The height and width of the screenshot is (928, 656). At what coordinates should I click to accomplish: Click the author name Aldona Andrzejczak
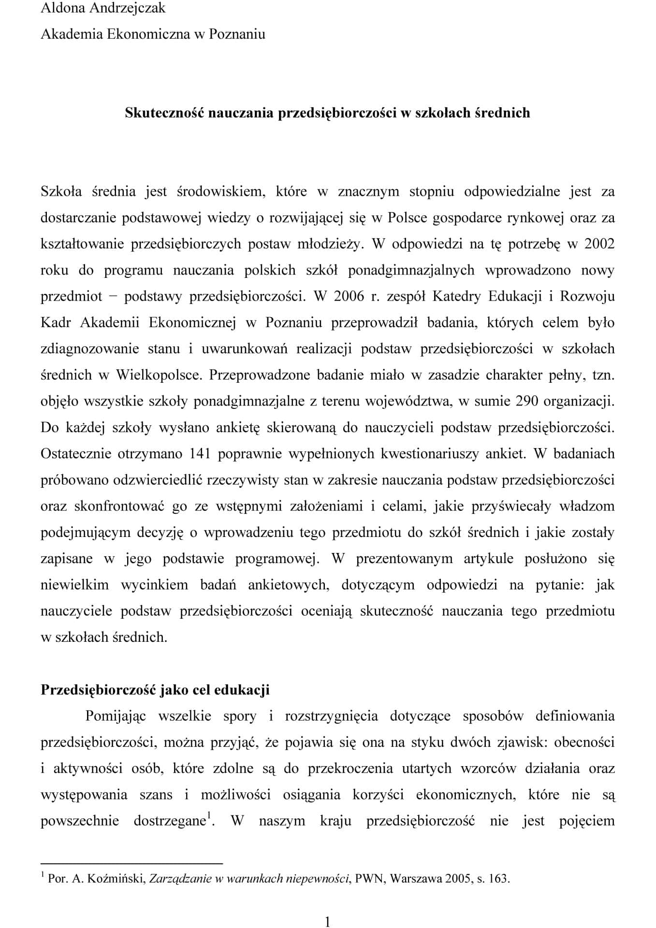[x=103, y=8]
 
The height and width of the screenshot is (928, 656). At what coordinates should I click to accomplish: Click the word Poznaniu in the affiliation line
[x=237, y=34]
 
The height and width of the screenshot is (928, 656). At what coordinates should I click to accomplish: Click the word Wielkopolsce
[x=159, y=375]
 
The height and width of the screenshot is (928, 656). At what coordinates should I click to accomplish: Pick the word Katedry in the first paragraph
[x=455, y=296]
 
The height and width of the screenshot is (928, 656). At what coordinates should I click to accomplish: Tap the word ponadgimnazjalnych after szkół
[x=411, y=270]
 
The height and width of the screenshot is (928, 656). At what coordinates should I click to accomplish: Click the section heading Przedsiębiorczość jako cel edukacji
[x=155, y=690]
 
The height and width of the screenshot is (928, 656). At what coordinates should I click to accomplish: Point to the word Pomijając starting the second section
[x=116, y=716]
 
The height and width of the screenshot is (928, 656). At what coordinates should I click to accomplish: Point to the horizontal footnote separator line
[x=131, y=863]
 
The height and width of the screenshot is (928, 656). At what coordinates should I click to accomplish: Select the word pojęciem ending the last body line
[x=587, y=821]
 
